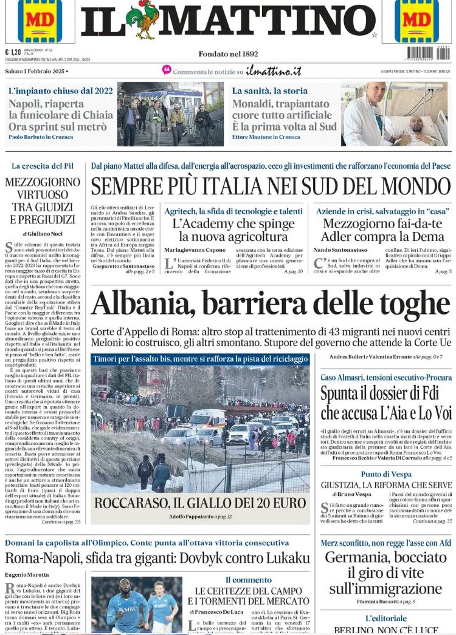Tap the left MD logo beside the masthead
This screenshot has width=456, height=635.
click(40, 19)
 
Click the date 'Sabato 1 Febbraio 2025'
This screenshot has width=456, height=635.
click(36, 72)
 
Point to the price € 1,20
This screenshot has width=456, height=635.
click(13, 52)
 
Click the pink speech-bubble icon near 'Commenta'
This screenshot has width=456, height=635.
click(167, 70)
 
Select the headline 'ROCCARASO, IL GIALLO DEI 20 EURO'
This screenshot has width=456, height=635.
click(200, 503)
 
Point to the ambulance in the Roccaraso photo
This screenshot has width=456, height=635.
click(207, 419)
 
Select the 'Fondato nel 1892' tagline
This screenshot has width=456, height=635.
click(228, 54)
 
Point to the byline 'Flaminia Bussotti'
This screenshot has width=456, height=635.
click(381, 602)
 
